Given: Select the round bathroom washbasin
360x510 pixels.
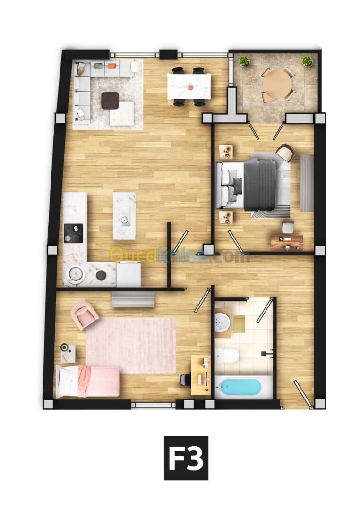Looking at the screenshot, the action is coord(223,322).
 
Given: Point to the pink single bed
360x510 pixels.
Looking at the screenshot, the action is coord(87,382).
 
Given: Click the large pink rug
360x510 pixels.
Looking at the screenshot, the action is coord(131,345).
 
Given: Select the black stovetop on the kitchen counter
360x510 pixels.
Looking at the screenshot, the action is coord(73,233).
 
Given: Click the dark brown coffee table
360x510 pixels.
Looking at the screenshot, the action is coord(110,100).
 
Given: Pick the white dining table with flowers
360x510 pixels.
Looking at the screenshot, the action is coord(189,86).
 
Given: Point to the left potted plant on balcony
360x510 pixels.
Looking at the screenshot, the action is coord(244,61).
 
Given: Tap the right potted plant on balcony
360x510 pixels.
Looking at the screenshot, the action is coord(307,61).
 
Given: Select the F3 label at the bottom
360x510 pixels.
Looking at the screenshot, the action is coord(186,458).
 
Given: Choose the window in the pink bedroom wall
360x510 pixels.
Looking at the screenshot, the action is coord(154,405).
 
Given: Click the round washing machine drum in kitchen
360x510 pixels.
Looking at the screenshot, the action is coord(76,273).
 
